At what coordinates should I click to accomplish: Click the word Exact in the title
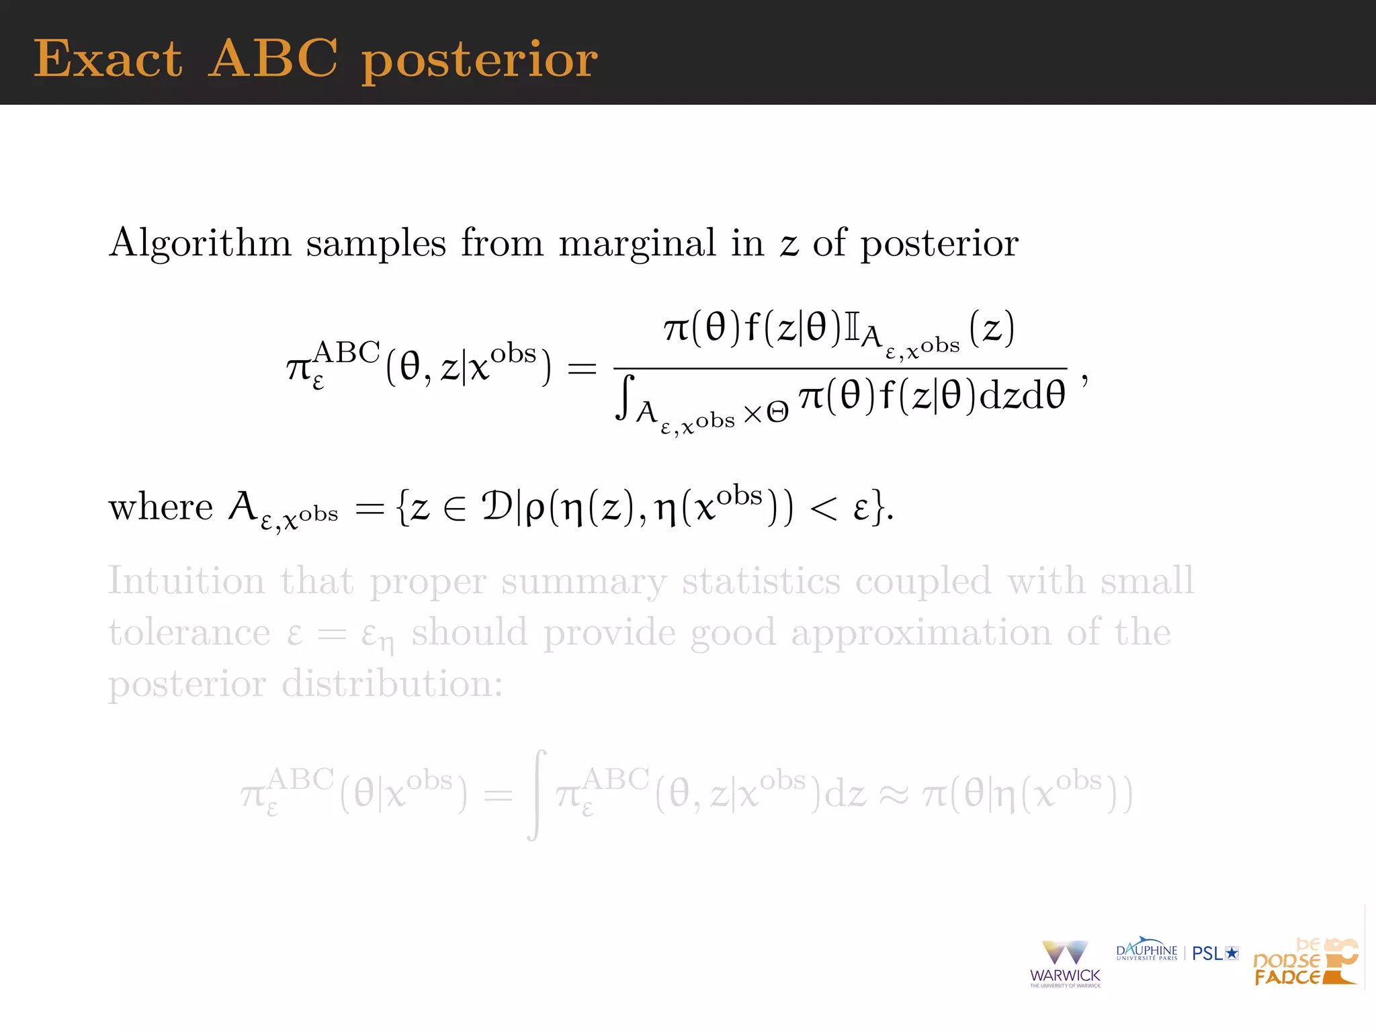(107, 59)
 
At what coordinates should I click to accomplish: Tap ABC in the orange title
(273, 59)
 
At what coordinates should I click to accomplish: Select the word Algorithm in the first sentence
(200, 243)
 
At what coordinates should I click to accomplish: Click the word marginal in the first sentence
(637, 243)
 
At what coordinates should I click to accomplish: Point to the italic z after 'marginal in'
(789, 245)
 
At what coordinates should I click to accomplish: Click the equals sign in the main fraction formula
(582, 368)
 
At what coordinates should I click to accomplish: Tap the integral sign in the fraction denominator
(626, 398)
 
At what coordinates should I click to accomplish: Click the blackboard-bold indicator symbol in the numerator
(852, 329)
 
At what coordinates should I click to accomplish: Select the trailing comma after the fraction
(1084, 380)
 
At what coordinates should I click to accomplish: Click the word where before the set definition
(161, 507)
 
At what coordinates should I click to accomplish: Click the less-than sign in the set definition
(823, 509)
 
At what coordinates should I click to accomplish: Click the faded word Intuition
(186, 581)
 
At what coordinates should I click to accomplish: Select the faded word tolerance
(189, 633)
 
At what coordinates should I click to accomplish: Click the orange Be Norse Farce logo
(1305, 962)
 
